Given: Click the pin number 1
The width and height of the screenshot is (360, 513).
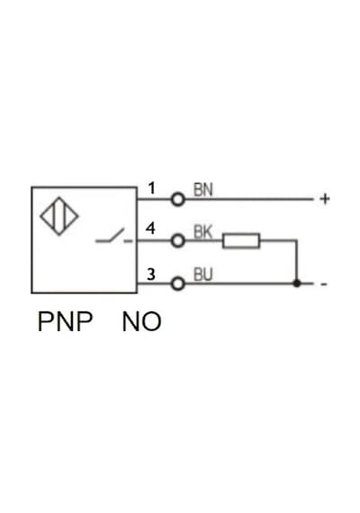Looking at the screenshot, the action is tap(151, 188).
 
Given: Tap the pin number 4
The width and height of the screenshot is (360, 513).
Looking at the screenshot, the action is tap(150, 229).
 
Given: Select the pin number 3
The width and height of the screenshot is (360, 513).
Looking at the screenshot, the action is tap(151, 274).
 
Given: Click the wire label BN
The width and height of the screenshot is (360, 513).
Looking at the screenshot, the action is tap(202, 190).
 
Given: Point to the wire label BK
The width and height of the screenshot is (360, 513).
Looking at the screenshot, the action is tap(202, 232).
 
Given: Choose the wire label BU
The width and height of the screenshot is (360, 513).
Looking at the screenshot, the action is tap(202, 274).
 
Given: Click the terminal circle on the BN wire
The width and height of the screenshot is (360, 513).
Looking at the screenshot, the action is tap(178, 199).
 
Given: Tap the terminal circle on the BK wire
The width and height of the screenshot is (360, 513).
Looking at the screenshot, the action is tap(178, 241).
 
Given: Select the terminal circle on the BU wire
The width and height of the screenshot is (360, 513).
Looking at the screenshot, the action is tap(178, 283).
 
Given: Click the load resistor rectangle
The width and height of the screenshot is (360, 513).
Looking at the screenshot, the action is tap(241, 241).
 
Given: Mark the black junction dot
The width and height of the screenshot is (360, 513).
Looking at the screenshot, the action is tap(297, 283).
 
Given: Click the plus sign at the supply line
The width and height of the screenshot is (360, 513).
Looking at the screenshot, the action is tap(325, 199).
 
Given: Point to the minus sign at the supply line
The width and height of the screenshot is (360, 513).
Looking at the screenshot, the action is tap(324, 284).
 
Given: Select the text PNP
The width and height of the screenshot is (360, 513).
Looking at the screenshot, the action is tap(65, 321).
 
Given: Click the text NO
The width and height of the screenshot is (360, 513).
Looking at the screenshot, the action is tap(141, 321).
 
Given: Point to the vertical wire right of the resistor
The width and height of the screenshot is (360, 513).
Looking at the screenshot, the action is tap(297, 262).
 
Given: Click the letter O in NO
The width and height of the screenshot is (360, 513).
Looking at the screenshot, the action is tap(151, 321).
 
